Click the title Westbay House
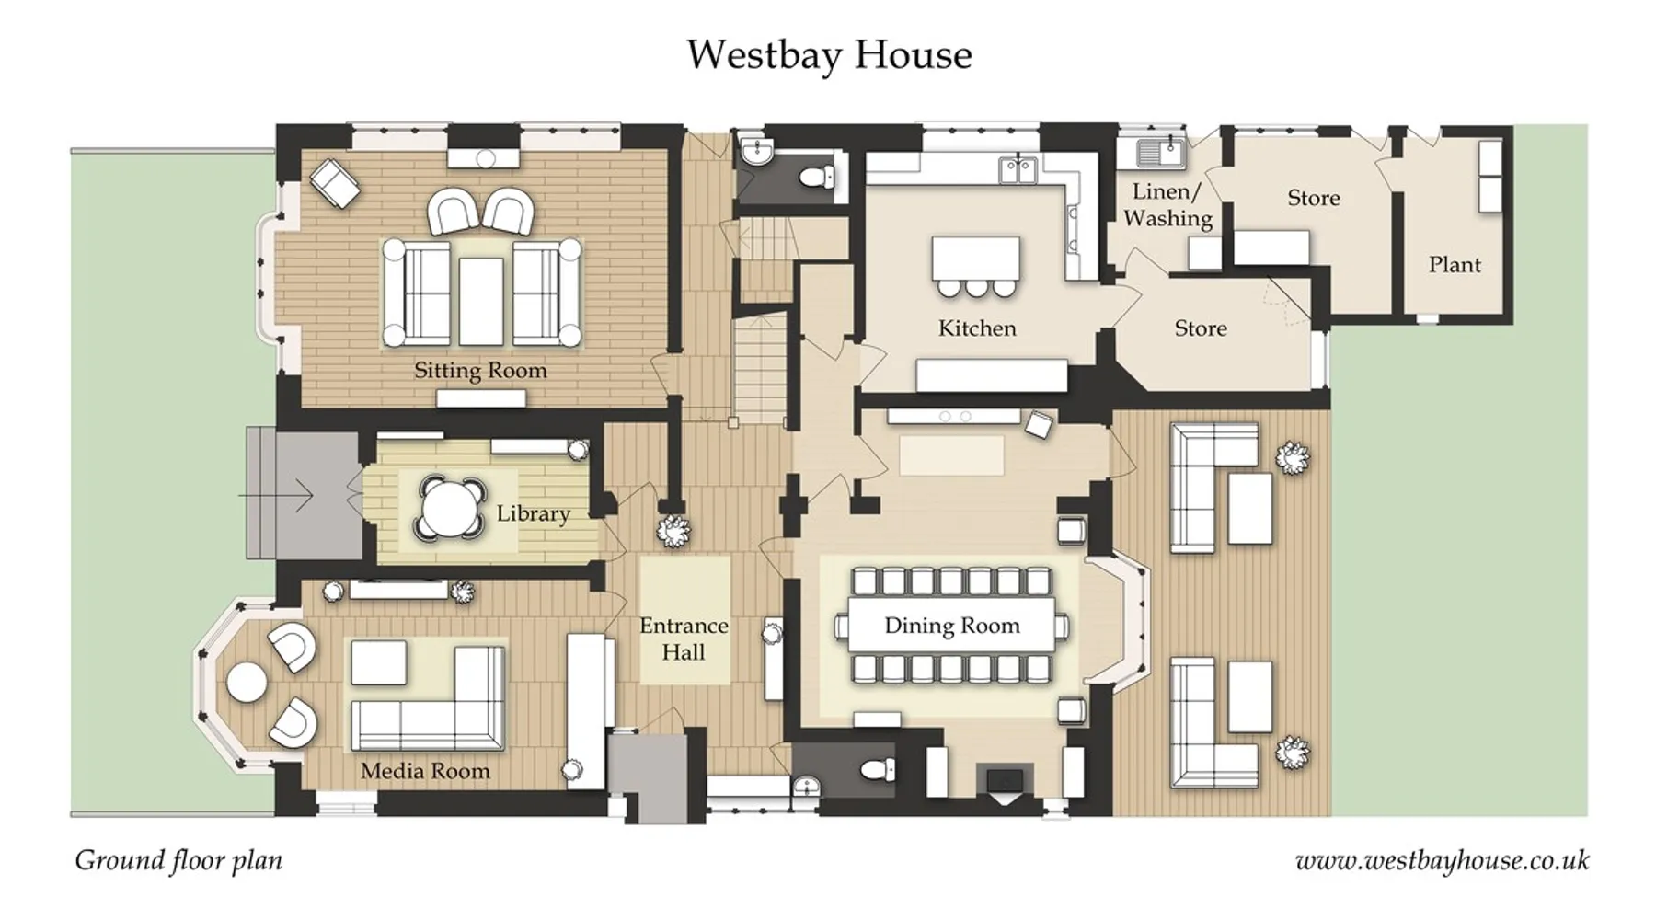[x=829, y=54]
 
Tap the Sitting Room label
[x=480, y=371]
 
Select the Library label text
[x=533, y=513]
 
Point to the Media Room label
[x=425, y=771]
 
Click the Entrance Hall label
[x=684, y=638]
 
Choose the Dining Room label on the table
[x=952, y=627]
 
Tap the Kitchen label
[x=977, y=328]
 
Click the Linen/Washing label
[x=1167, y=205]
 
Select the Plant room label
[x=1455, y=265]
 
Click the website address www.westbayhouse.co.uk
[x=1442, y=861]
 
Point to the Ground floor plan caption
[x=178, y=860]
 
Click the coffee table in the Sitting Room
[x=481, y=301]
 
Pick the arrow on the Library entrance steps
[x=276, y=496]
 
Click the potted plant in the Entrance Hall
[x=673, y=531]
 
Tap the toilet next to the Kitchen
[x=815, y=177]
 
